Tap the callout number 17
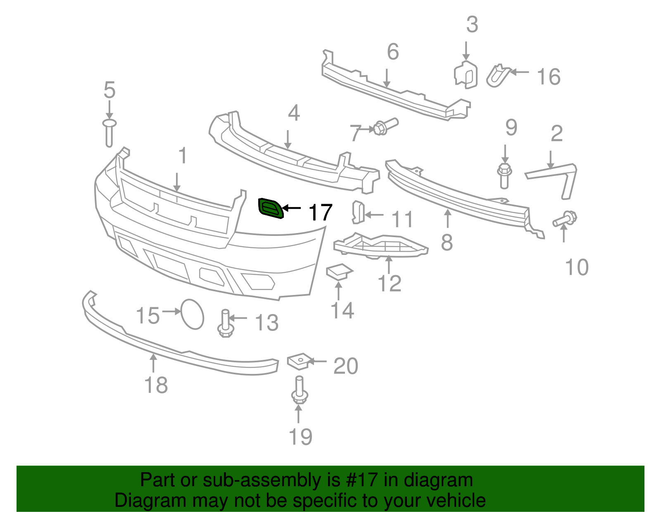pyautogui.click(x=320, y=212)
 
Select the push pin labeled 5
pyautogui.click(x=109, y=133)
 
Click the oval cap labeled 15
pyautogui.click(x=192, y=314)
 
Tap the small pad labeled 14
pyautogui.click(x=339, y=271)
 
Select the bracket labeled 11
pyautogui.click(x=358, y=212)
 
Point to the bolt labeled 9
pyautogui.click(x=504, y=176)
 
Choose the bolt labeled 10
pyautogui.click(x=565, y=219)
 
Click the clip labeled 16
pyautogui.click(x=498, y=76)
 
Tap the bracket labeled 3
pyautogui.click(x=466, y=75)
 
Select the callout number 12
pyautogui.click(x=389, y=283)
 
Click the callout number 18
pyautogui.click(x=156, y=385)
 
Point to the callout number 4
pyautogui.click(x=294, y=113)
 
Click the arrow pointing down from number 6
pyautogui.click(x=387, y=78)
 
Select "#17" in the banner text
pyautogui.click(x=362, y=480)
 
